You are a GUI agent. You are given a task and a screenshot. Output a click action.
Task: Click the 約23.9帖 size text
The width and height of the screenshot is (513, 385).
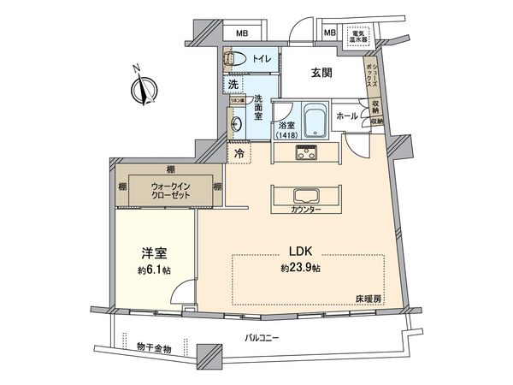(300, 268)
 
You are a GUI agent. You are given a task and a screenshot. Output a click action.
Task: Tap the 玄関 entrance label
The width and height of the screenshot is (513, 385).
(321, 74)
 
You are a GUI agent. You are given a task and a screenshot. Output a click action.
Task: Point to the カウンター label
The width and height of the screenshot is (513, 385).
(305, 210)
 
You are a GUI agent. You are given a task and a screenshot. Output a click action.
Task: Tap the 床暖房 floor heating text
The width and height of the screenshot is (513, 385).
(369, 297)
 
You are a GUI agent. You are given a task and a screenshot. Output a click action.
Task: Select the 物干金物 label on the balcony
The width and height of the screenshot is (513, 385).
(154, 347)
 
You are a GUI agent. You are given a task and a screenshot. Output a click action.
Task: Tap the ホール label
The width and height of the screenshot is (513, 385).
(347, 115)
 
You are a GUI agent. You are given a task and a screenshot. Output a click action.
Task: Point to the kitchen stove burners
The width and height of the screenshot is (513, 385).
(306, 153)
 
